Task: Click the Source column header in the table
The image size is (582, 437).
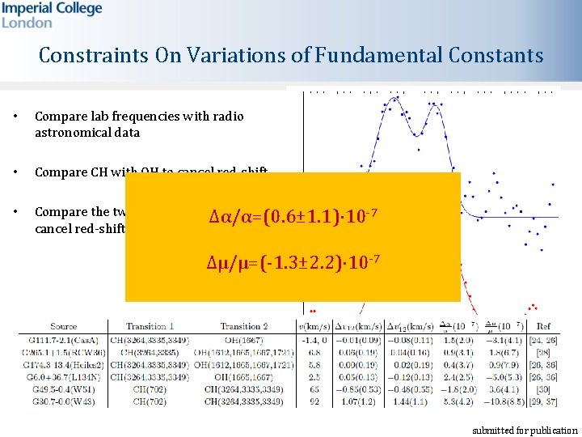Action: [63, 326]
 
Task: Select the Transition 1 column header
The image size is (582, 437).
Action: [150, 326]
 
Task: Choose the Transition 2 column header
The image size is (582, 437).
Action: [243, 326]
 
